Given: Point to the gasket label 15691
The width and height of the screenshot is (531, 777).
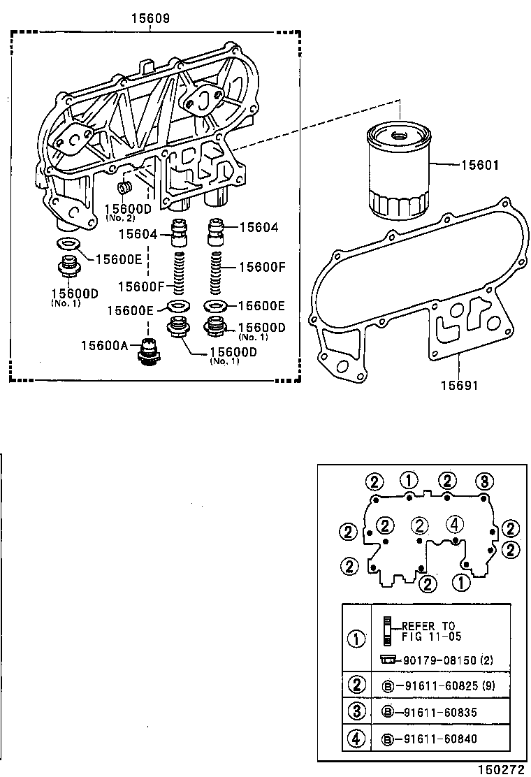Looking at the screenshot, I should (x=459, y=385).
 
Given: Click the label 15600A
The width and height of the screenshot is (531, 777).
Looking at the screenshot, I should (x=103, y=345).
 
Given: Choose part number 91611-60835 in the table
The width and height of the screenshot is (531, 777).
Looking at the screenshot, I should (x=438, y=712).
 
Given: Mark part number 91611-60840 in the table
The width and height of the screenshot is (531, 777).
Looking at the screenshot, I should (x=438, y=739).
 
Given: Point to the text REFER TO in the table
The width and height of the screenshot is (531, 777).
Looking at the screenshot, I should (x=428, y=627).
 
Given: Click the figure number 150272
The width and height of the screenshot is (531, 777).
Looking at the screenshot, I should (x=500, y=769).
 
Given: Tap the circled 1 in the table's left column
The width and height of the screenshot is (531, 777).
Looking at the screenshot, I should (x=356, y=639).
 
